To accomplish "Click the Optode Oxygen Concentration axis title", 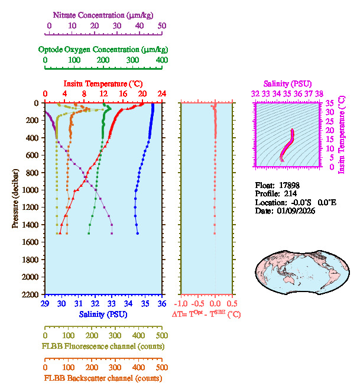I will pyautogui.click(x=103, y=49).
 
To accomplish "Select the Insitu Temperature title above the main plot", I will pyautogui.click(x=103, y=84).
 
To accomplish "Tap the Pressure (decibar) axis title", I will pyautogui.click(x=15, y=198).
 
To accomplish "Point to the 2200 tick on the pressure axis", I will pyautogui.click(x=31, y=294).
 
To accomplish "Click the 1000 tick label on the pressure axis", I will pyautogui.click(x=31, y=190).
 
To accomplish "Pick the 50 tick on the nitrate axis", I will pyautogui.click(x=161, y=26).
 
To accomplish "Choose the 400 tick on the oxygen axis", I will pyautogui.click(x=161, y=60).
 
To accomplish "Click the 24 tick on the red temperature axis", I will pyautogui.click(x=161, y=94).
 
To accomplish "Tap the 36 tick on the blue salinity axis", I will pyautogui.click(x=161, y=304).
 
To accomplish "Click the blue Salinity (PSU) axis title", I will pyautogui.click(x=103, y=314).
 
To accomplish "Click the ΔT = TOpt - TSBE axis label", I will pyautogui.click(x=206, y=315).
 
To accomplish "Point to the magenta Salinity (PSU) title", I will pyautogui.click(x=287, y=84).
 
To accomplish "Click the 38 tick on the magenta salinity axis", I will pyautogui.click(x=319, y=93).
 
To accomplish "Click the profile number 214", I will pyautogui.click(x=290, y=193).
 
